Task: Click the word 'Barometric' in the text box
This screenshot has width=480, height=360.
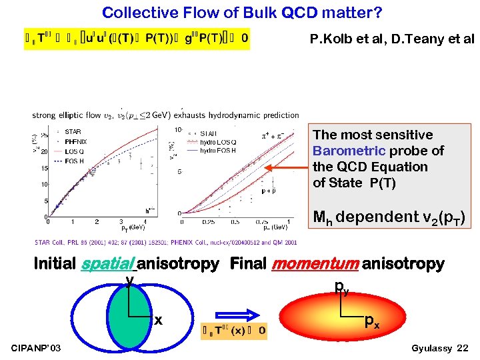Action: (349, 151)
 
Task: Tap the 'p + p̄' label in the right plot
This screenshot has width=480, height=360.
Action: (269, 191)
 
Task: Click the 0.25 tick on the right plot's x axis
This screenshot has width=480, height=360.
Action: (208, 222)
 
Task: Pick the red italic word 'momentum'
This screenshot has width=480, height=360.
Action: (315, 265)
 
